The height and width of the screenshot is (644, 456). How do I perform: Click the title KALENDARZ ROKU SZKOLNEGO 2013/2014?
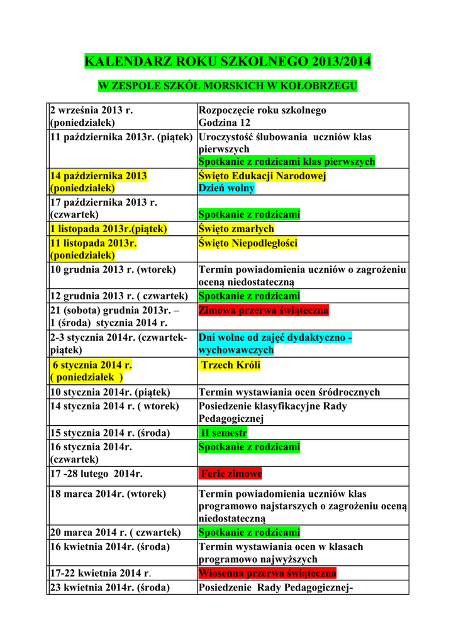(228, 62)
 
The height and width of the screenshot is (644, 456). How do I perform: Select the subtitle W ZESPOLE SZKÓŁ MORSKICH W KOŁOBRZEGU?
(228, 86)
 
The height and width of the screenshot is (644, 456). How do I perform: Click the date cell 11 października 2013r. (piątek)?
(121, 136)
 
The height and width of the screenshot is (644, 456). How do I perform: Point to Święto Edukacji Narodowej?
(262, 176)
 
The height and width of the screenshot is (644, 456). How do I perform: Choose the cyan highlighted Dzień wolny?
(227, 188)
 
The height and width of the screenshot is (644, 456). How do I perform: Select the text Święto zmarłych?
(236, 229)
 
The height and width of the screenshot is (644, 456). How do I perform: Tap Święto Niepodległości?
(248, 243)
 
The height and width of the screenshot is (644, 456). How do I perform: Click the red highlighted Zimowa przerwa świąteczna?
(264, 310)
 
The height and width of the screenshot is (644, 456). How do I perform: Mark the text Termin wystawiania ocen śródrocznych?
(289, 392)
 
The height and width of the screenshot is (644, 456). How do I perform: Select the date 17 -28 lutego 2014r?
(95, 474)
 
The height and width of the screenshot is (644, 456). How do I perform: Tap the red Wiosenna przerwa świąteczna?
(267, 573)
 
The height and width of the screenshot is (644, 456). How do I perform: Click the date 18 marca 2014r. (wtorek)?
(108, 494)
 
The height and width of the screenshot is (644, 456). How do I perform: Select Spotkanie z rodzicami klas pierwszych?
(287, 162)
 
